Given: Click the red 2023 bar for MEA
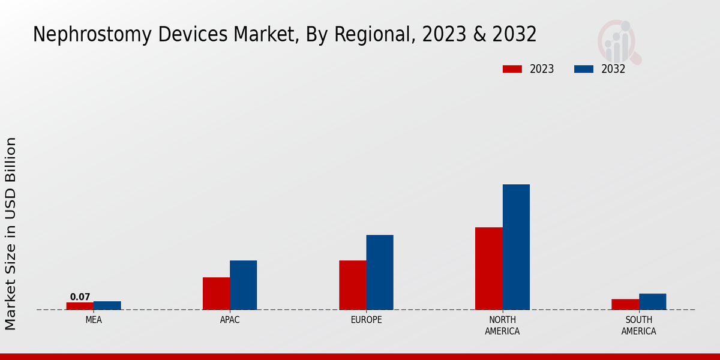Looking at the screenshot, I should (x=80, y=306).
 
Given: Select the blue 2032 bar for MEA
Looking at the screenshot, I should (x=107, y=305).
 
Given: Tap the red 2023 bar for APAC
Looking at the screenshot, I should (x=216, y=293).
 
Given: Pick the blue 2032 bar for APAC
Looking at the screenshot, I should (x=244, y=285).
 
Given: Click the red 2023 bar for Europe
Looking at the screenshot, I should (x=353, y=285).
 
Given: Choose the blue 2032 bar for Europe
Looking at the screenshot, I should (x=380, y=272).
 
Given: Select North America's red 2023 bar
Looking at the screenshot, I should (x=489, y=268).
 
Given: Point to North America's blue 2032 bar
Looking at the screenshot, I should (x=516, y=247).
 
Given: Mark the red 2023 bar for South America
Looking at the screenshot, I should (x=625, y=304).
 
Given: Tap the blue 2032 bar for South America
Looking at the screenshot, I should (x=653, y=302).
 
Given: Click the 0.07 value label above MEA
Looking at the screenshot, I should (x=80, y=297).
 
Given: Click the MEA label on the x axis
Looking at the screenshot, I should (x=94, y=320).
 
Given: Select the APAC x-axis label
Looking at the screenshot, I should (x=230, y=320).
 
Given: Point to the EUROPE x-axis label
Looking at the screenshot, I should (x=366, y=320).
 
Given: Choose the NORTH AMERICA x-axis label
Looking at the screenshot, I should (x=503, y=326).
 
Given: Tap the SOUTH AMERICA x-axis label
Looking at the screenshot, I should (x=639, y=326).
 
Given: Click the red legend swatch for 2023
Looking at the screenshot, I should (x=512, y=69).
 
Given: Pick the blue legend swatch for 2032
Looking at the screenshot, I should (x=584, y=69).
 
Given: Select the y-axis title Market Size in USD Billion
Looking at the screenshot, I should (x=11, y=234).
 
